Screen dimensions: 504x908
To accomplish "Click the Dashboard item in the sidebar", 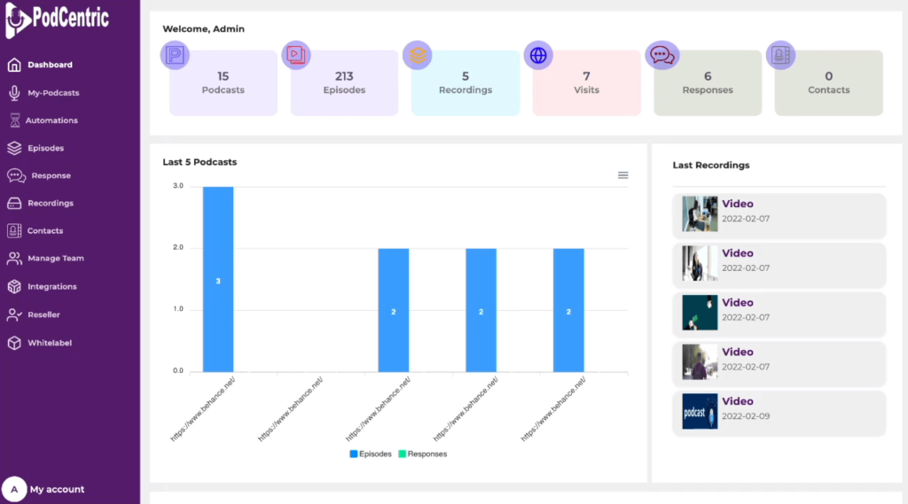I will (x=50, y=65).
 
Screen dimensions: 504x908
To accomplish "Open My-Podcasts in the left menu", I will (x=53, y=93).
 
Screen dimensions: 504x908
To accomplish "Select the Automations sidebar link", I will (x=51, y=120).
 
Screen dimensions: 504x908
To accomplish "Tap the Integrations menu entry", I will (x=51, y=287).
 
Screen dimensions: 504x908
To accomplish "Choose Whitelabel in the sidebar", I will (x=49, y=343).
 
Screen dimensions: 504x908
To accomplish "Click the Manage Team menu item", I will (x=55, y=259).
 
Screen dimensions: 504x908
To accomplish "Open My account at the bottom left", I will (x=57, y=489).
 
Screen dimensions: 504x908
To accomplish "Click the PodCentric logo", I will (x=58, y=18).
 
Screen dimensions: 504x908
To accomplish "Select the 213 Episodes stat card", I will (x=344, y=82).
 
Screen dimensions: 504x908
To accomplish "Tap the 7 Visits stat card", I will (x=586, y=82).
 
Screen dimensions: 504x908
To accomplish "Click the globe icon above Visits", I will (x=538, y=55).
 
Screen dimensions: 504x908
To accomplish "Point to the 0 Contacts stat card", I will (x=828, y=82).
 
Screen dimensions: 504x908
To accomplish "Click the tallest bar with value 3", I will (x=218, y=279).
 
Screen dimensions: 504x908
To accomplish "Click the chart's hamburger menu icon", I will (x=622, y=175).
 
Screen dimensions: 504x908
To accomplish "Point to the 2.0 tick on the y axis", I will (x=177, y=248).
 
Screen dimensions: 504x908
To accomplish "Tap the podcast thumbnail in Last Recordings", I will (x=700, y=412).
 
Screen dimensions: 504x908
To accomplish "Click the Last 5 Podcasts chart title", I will (x=200, y=162).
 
